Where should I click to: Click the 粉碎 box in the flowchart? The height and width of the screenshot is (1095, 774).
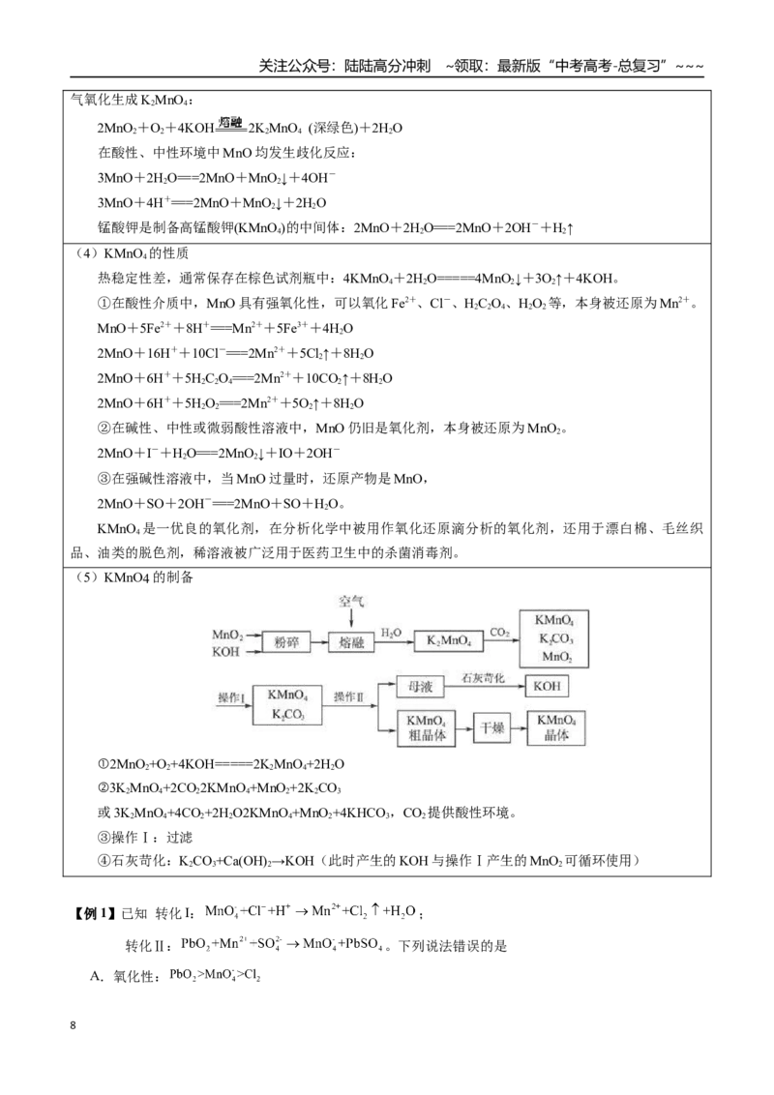pos(286,641)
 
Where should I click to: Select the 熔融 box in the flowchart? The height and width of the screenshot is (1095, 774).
pos(351,641)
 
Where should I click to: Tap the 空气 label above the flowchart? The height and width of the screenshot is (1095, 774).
pos(351,602)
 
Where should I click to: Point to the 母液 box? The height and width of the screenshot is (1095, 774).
pos(420,687)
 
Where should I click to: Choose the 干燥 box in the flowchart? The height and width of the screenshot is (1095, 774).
pos(492,727)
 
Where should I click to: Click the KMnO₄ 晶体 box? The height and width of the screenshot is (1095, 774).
pos(556,727)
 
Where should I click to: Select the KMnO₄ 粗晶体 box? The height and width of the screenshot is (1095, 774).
pos(426,728)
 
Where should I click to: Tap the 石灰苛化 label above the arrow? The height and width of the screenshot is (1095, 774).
pos(483,677)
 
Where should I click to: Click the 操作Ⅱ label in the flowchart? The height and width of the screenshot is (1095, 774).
pos(348,696)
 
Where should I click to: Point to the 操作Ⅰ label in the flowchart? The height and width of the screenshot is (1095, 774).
pos(231,696)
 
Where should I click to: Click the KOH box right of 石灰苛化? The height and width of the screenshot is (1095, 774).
pos(547,686)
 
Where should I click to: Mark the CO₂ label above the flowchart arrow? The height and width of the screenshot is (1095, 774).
pos(499,633)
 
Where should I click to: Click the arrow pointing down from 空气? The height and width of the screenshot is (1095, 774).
pos(351,618)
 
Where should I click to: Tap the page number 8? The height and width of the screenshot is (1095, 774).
pos(74,1025)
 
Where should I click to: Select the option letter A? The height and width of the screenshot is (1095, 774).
pos(97,976)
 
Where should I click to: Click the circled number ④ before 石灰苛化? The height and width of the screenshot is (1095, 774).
pos(104,860)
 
